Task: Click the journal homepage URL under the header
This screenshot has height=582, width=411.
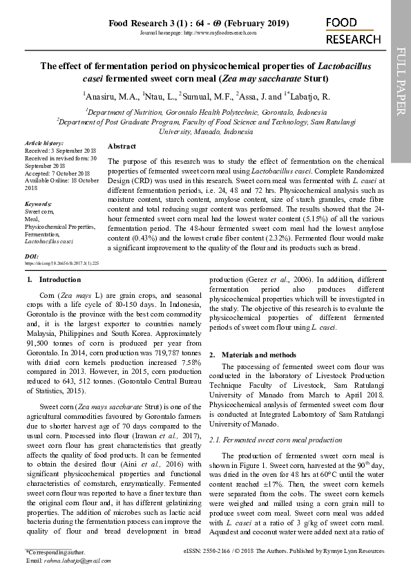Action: click(x=198, y=32)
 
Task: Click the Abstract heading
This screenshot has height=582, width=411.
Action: click(x=122, y=147)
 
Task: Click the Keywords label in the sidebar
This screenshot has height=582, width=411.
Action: click(x=38, y=205)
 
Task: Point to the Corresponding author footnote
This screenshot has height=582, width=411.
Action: click(x=55, y=552)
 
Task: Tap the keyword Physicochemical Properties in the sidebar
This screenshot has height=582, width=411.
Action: click(x=59, y=227)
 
